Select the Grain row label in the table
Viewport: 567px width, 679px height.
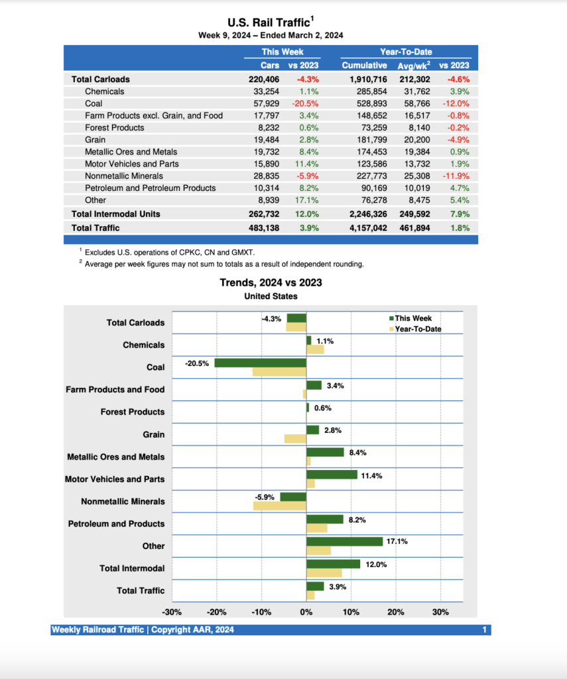95,140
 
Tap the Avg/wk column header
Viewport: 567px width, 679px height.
412,65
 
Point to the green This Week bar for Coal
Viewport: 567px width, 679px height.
260,363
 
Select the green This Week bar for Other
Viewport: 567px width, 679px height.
344,541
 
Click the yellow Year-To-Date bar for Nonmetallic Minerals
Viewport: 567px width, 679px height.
279,506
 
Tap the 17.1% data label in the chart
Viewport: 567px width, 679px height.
397,541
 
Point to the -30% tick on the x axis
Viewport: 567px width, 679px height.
172,612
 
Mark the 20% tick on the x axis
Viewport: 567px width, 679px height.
395,612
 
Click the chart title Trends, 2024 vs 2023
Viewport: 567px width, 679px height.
271,282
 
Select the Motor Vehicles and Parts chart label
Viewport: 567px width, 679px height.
115,479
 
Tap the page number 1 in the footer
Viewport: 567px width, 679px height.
485,629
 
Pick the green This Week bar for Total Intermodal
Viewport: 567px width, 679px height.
333,564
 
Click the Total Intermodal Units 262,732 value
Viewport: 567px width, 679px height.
263,214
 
